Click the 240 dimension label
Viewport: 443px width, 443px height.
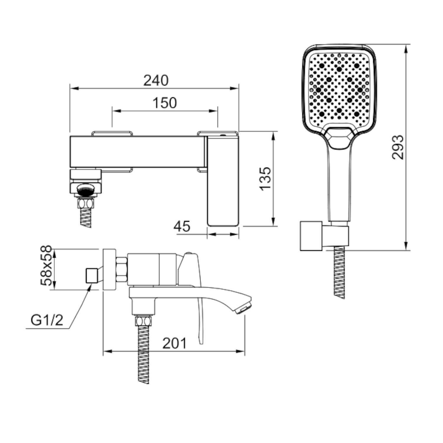156,80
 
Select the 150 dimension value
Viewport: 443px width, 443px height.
165,103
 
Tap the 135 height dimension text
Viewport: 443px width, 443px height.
266,179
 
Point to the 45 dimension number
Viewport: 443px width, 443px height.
182,226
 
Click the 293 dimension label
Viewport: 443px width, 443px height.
398,147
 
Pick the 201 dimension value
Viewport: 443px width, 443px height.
175,343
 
